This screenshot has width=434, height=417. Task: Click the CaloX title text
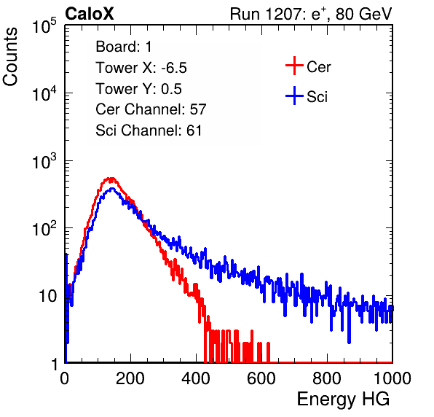point(89,14)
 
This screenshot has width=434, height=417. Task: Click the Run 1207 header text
point(311,14)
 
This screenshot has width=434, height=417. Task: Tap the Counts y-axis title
point(10,57)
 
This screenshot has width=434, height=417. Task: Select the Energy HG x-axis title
point(343,400)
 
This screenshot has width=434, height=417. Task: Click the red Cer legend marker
point(294,66)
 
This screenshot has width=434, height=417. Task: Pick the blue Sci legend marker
point(294,96)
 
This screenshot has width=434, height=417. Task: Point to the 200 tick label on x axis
point(130,378)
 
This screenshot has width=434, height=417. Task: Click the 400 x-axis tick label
point(196,378)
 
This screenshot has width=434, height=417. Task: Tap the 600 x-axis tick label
point(261,378)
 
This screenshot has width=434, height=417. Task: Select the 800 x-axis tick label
point(327,378)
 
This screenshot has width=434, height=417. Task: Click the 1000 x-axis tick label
point(392,378)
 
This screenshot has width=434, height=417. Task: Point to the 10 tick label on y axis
point(47,296)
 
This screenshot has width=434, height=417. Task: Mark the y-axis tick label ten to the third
point(44,160)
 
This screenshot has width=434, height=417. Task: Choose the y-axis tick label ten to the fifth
point(44,26)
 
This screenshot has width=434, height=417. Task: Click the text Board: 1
point(124,47)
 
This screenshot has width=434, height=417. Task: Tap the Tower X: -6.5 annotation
point(141,68)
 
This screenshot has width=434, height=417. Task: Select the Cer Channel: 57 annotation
point(151,109)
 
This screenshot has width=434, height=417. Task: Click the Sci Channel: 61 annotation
point(149,130)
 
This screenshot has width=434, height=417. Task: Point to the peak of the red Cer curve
point(111,179)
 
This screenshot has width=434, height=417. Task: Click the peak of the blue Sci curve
point(111,189)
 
